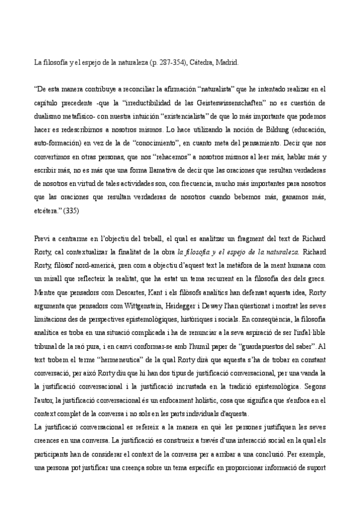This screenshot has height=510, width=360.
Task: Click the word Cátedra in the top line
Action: pyautogui.click(x=203, y=61)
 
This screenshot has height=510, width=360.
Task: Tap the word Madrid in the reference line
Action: pyautogui.click(x=229, y=61)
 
